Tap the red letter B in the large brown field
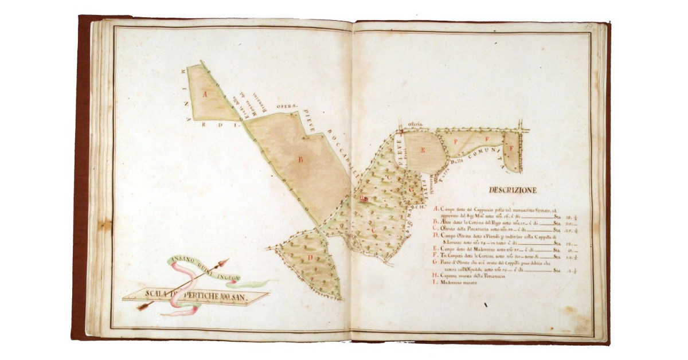pos(300,161)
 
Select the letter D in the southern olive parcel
pos(310,257)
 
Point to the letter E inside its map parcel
pos(423,151)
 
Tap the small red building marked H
pos(363,199)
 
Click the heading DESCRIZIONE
pos(513,190)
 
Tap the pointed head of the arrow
pos(225,263)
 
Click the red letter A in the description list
pos(437,210)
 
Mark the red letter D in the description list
pos(437,236)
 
